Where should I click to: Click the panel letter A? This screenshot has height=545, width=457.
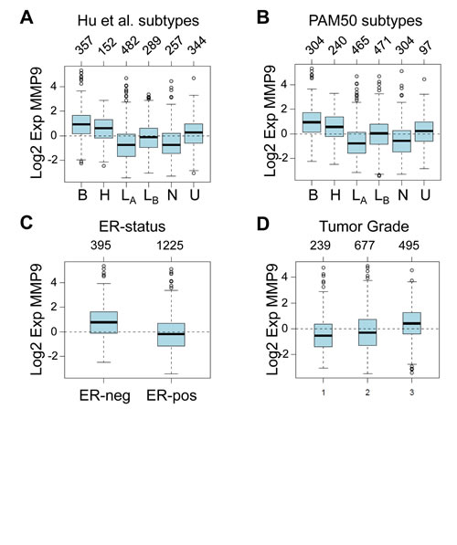click(x=27, y=17)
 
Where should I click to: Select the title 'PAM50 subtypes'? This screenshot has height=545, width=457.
click(x=365, y=20)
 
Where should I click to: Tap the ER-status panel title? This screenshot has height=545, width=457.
click(x=132, y=226)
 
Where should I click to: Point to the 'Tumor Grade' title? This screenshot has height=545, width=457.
click(x=364, y=226)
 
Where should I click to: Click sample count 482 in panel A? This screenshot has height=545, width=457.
click(x=130, y=45)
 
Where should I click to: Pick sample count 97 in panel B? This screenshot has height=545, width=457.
click(x=425, y=47)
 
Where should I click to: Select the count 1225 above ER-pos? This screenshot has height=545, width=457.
click(x=170, y=246)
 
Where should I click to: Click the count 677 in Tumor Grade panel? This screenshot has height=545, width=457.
click(x=365, y=246)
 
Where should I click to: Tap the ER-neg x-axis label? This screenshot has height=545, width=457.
click(x=105, y=395)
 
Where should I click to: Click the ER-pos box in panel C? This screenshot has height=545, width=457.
click(x=171, y=334)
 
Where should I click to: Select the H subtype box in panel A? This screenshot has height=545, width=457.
click(x=103, y=129)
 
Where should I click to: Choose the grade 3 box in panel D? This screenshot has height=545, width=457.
click(x=411, y=323)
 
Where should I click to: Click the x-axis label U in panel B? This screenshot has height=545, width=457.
click(x=425, y=195)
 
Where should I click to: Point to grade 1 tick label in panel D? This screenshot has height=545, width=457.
click(x=324, y=393)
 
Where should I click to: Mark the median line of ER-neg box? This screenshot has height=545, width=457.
click(x=103, y=322)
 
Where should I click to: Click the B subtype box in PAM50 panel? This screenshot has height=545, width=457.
click(x=312, y=122)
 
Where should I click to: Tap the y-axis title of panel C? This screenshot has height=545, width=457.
click(x=37, y=320)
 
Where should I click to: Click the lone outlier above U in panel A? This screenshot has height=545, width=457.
click(x=194, y=79)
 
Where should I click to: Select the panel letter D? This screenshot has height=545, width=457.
click(x=263, y=224)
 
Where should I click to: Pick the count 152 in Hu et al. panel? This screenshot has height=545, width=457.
click(x=108, y=45)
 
